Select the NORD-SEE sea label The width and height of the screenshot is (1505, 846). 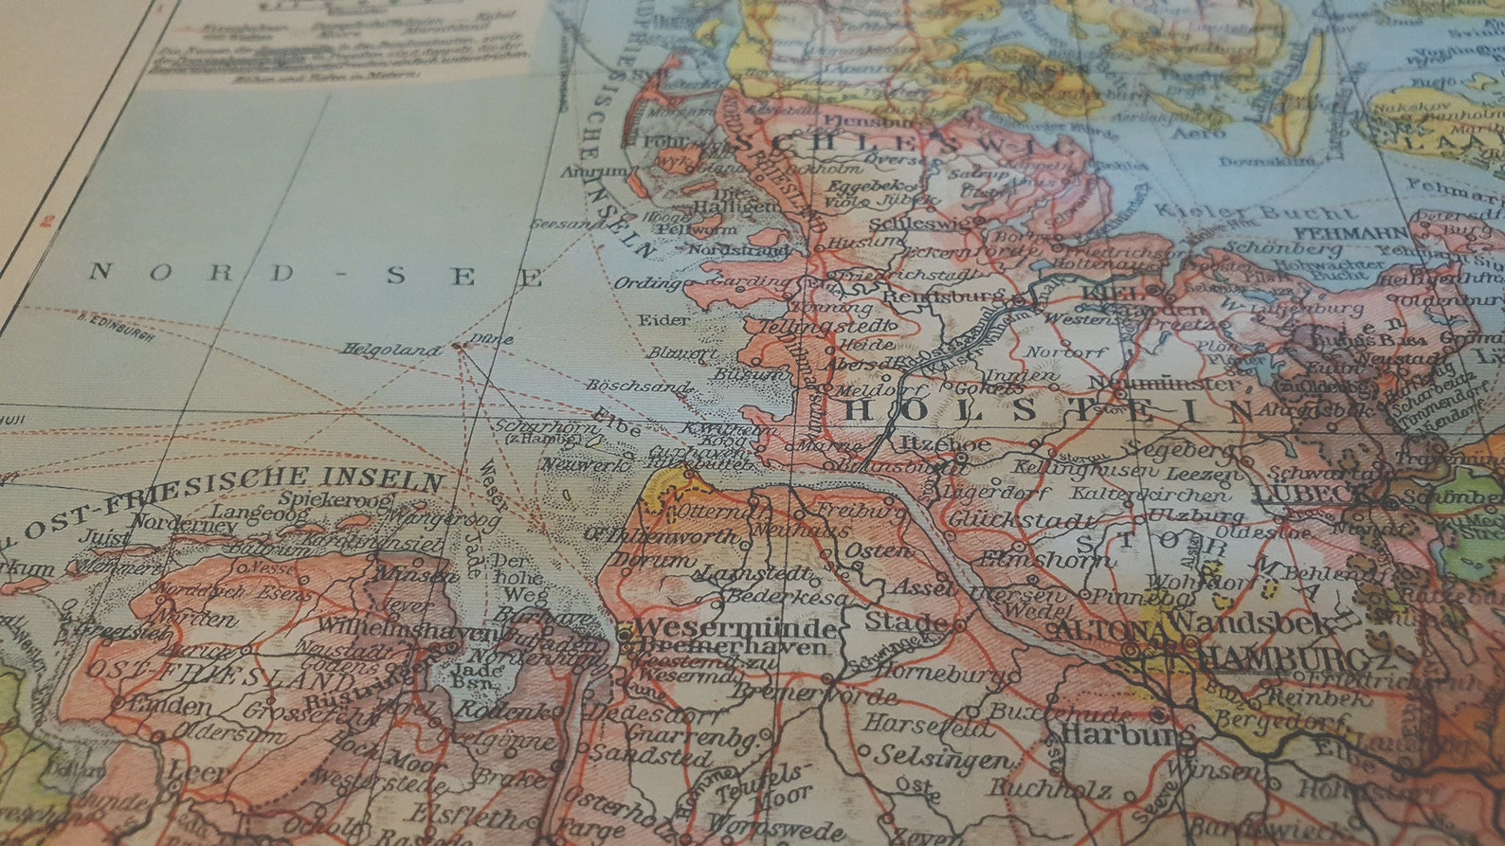[317, 274]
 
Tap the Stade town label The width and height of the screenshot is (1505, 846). [906, 622]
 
